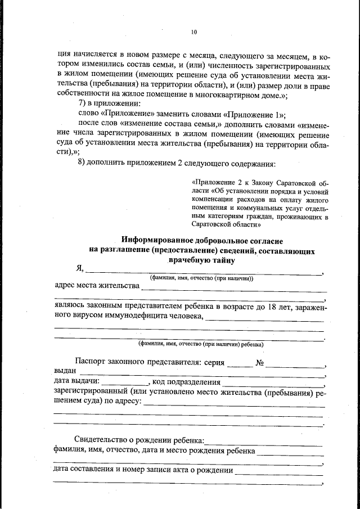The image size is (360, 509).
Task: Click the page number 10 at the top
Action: pyautogui.click(x=193, y=32)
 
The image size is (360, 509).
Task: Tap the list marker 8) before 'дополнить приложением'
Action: pyautogui.click(x=81, y=163)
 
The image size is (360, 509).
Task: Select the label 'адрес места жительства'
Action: pyautogui.click(x=96, y=285)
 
